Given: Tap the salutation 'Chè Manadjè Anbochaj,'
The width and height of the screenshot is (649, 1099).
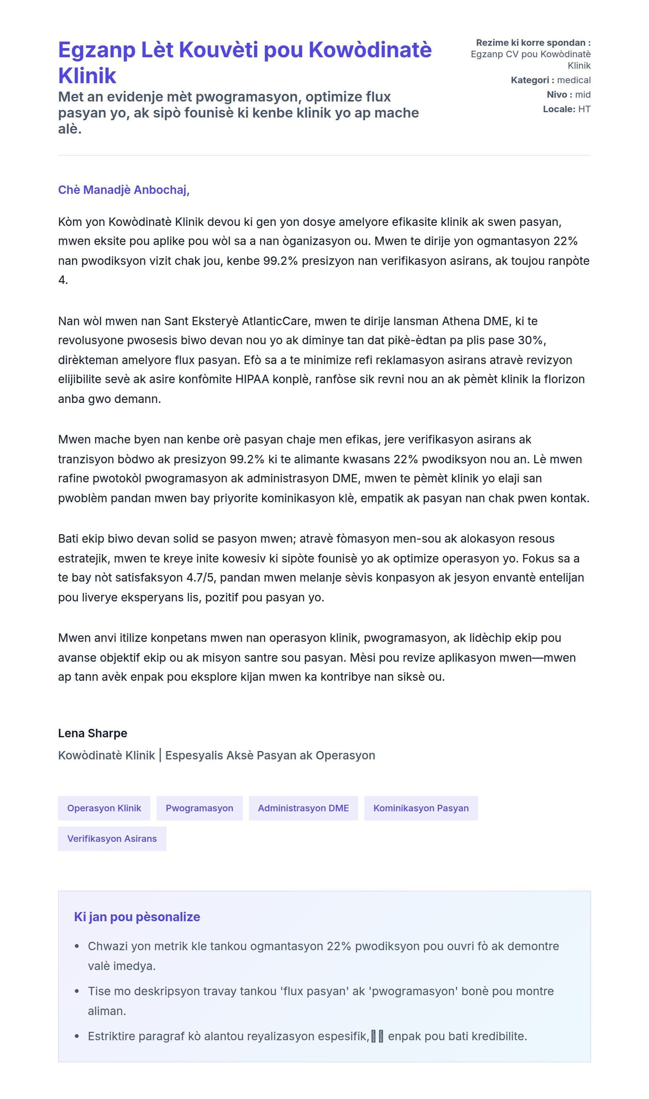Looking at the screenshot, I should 124,190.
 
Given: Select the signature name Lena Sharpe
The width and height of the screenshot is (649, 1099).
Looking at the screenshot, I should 93,733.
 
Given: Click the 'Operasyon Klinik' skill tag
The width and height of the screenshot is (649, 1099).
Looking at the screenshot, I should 104,808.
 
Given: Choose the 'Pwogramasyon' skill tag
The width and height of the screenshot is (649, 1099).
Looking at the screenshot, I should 199,808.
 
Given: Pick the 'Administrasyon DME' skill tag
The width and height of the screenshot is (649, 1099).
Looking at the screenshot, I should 303,808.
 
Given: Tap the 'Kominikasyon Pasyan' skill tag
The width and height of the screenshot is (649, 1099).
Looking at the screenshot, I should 421,808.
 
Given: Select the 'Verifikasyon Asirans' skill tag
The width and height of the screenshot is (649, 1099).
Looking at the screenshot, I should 112,838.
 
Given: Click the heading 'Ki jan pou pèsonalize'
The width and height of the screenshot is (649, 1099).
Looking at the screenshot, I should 137,917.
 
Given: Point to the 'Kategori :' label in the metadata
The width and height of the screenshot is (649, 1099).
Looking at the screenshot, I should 532,80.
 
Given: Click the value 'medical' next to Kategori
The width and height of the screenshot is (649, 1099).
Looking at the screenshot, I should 574,80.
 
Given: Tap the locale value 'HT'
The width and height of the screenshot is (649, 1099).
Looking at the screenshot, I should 584,109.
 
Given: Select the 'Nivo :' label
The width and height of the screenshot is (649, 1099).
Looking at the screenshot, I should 559,94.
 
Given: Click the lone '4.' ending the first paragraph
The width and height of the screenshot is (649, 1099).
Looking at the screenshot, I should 63,280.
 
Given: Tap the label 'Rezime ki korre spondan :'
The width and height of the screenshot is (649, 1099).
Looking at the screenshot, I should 533,42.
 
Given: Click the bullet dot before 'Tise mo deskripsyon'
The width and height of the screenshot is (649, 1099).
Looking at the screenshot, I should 77,991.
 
